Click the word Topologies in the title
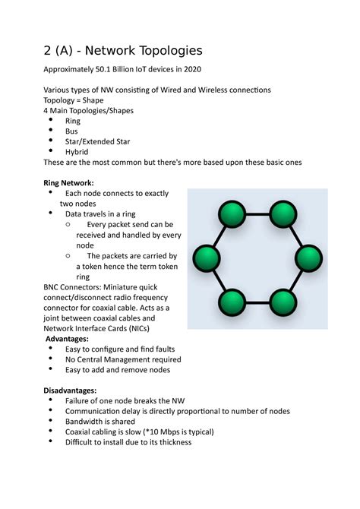coord(165,51)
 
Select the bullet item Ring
coord(73,121)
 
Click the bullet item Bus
coord(72,131)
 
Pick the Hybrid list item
coord(77,151)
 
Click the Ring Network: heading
coord(69,183)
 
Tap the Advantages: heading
coord(68,338)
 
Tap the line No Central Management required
coord(123,359)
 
